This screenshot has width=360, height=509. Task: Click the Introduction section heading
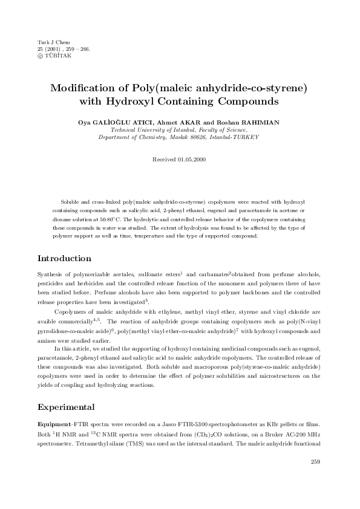[x=64, y=258]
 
